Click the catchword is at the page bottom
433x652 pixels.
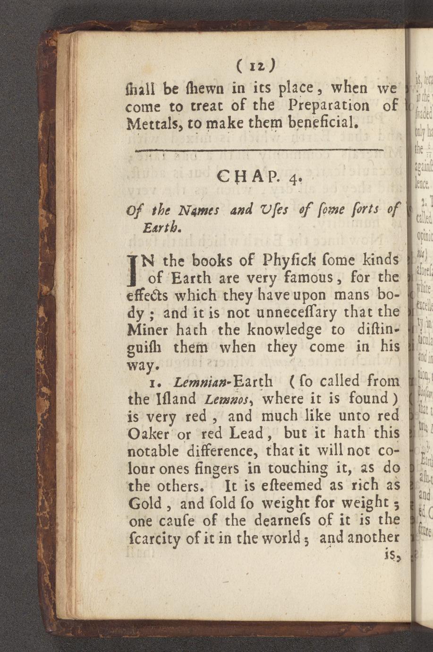(x=391, y=555)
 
